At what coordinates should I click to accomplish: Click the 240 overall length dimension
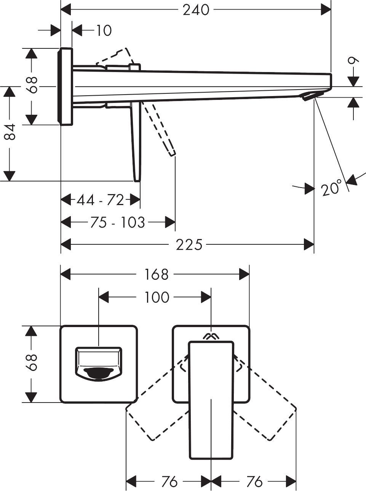pyautogui.click(x=196, y=10)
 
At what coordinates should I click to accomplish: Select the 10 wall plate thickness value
pyautogui.click(x=103, y=30)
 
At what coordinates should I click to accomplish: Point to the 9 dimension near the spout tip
pyautogui.click(x=354, y=61)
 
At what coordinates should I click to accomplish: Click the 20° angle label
pyautogui.click(x=331, y=188)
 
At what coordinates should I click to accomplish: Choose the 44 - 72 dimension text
pyautogui.click(x=100, y=199)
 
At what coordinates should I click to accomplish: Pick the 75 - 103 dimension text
pyautogui.click(x=118, y=222)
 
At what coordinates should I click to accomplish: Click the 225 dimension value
pyautogui.click(x=189, y=245)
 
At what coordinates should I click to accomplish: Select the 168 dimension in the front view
pyautogui.click(x=156, y=274)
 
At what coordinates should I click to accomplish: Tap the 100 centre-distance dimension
pyautogui.click(x=157, y=297)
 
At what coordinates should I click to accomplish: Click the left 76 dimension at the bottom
pyautogui.click(x=169, y=481)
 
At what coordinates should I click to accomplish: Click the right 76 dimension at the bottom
pyautogui.click(x=254, y=481)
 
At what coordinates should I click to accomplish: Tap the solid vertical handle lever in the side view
pyautogui.click(x=136, y=145)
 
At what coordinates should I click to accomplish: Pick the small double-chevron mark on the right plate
pyautogui.click(x=211, y=336)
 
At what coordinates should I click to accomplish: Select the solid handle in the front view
pyautogui.click(x=211, y=400)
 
